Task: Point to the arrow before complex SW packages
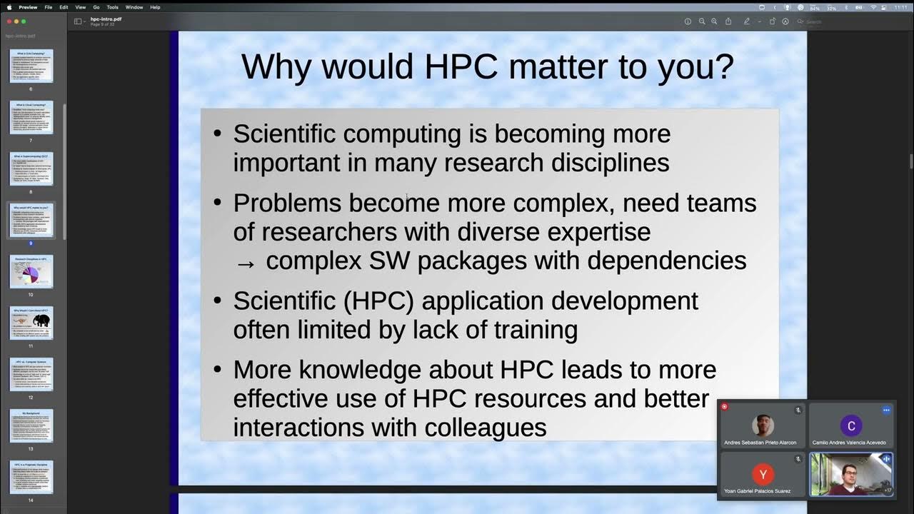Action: pos(245,263)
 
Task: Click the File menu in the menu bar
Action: pos(48,7)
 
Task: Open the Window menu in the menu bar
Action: pos(134,7)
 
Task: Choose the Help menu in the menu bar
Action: pos(155,7)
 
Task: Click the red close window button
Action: pos(9,21)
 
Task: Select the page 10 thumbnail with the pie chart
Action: pos(31,271)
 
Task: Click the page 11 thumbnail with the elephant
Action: pos(31,323)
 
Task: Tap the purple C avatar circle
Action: pos(850,426)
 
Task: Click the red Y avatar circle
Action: pos(763,473)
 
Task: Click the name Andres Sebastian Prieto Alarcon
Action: pos(760,443)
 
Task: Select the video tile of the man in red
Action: pos(850,474)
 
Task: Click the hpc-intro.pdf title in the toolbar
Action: pos(106,19)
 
